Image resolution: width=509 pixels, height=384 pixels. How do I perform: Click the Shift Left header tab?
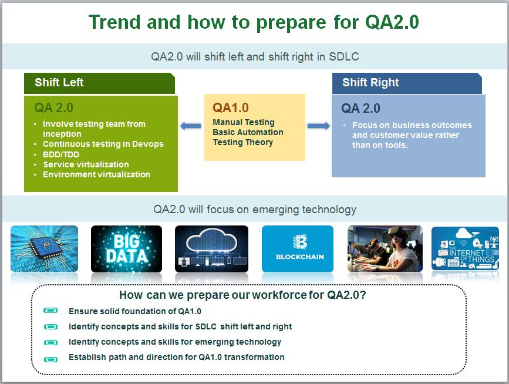tap(99, 83)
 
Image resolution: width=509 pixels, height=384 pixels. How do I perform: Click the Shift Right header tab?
tap(407, 83)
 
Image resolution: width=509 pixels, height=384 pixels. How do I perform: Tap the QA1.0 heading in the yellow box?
tap(231, 108)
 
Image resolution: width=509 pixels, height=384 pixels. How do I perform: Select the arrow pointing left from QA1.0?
tap(191, 126)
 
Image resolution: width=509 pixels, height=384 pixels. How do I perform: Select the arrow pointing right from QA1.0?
tap(318, 126)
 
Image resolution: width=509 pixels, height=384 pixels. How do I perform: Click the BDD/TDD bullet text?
tap(61, 154)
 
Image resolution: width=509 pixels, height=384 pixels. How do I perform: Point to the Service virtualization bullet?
tap(86, 164)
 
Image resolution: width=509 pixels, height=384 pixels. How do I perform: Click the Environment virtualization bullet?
tap(96, 174)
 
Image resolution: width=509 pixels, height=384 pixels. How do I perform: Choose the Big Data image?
tap(126, 249)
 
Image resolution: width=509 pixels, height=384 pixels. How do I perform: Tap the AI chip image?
tap(44, 248)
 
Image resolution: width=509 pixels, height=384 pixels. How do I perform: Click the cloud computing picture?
tap(212, 249)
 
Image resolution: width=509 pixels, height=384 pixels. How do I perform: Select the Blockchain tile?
tap(298, 248)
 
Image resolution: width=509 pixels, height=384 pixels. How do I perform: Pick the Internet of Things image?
tap(465, 248)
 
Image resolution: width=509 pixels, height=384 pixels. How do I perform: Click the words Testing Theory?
tap(243, 143)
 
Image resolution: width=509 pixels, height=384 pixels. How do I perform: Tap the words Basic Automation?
tap(248, 133)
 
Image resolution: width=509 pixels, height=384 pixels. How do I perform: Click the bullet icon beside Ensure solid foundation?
tap(50, 311)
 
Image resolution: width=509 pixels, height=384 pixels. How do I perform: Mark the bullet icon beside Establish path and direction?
tap(50, 359)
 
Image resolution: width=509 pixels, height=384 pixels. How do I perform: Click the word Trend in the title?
tap(114, 22)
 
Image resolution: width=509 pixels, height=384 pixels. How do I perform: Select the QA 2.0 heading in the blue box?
tap(360, 109)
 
